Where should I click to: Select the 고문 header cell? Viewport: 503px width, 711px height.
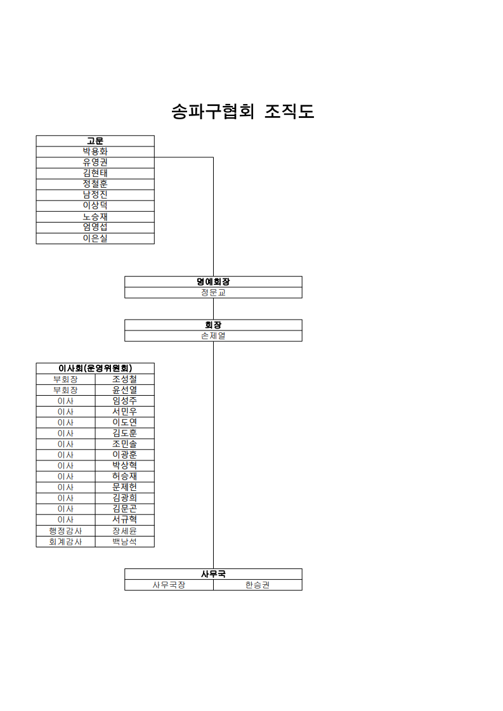pos(95,141)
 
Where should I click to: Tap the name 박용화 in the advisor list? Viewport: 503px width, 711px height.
pos(95,152)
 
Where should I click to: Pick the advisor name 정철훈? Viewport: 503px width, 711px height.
pos(95,184)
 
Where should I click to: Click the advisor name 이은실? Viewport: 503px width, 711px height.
pos(95,238)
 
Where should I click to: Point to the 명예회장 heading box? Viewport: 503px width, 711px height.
pos(213,282)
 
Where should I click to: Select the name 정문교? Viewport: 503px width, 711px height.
pos(213,292)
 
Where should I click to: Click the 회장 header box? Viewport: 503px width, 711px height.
pos(213,325)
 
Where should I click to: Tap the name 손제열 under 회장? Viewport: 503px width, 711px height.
pos(213,336)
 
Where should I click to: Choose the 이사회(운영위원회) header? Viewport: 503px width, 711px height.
pos(95,369)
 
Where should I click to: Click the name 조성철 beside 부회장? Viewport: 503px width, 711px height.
pos(125,379)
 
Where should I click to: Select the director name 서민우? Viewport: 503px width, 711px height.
pos(125,412)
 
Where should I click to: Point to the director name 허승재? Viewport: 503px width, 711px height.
pos(125,476)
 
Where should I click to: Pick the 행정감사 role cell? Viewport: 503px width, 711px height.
pos(66,531)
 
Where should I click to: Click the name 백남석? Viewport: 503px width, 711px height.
pos(125,542)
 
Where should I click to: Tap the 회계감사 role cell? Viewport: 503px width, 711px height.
pos(66,542)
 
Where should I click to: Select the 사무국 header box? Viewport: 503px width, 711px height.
pos(213,574)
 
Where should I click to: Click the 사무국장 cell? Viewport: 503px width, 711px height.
pos(169,585)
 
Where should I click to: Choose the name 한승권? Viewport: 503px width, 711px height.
pos(258,585)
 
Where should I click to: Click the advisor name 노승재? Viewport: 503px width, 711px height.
pos(95,217)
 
